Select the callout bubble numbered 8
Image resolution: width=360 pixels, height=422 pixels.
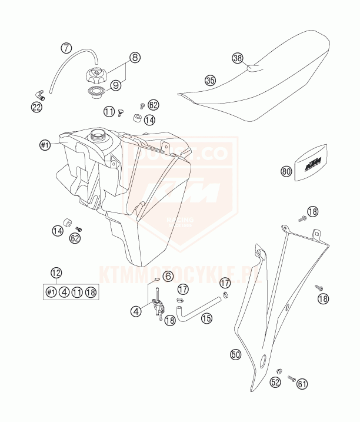tap(135, 57)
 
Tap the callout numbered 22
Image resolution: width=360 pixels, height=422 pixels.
tap(36, 106)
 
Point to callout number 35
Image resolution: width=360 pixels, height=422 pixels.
tap(210, 80)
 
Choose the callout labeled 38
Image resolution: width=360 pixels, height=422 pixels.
tap(238, 58)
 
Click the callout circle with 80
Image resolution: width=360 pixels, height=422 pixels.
tap(286, 172)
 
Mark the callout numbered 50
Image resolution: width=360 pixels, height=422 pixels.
tap(236, 354)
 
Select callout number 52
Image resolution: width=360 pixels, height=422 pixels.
tap(275, 383)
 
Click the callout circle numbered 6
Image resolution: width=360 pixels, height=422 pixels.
tap(168, 275)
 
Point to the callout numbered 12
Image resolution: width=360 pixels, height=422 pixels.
tap(56, 273)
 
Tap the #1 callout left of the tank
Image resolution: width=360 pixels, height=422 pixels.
tap(44, 144)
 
